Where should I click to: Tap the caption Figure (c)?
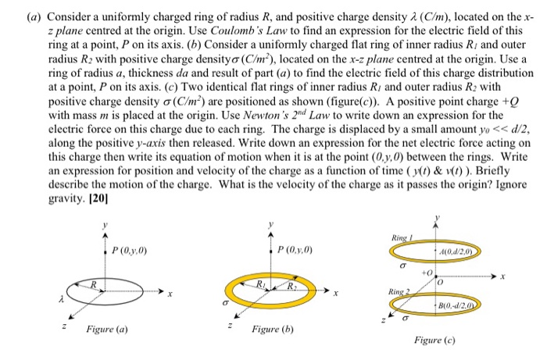(x=438, y=341)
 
